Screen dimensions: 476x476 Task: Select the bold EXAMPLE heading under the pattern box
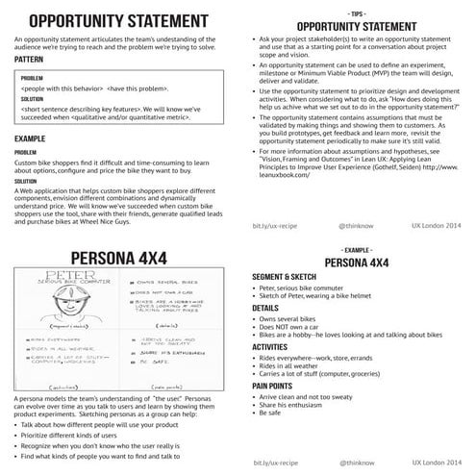pyautogui.click(x=30, y=139)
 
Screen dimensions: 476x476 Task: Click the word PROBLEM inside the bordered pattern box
pyautogui.click(x=32, y=77)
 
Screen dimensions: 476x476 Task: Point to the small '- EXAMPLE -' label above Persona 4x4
pyautogui.click(x=357, y=248)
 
